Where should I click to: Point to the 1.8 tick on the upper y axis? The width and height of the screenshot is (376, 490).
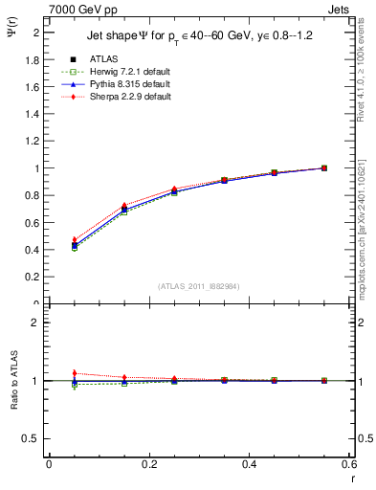coord(33,59)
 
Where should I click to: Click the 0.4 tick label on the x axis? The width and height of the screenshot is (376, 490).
coord(250,464)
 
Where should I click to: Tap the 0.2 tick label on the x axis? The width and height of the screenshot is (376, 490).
coord(149,464)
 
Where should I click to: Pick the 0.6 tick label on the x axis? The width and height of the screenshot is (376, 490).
coord(347,464)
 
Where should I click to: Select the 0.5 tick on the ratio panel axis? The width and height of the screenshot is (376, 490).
coord(33,438)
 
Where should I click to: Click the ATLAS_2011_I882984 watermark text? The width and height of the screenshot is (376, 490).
coord(200,285)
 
